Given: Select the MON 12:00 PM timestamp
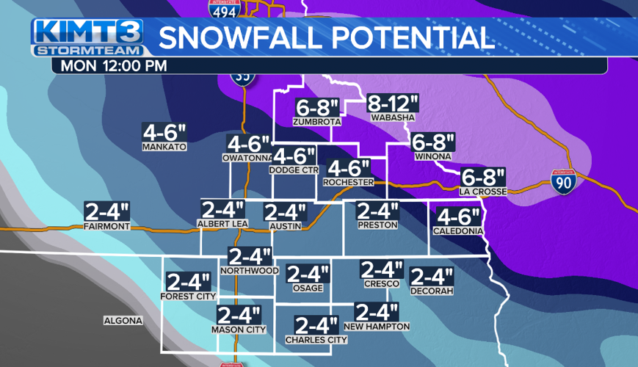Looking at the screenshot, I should tap(115, 65).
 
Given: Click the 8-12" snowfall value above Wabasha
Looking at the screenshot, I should tap(393, 103).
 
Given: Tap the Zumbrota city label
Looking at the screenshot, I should tap(316, 121).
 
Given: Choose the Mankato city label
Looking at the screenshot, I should tap(164, 147).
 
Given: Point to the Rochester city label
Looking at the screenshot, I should tap(349, 181).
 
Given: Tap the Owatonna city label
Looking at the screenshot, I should tap(247, 157).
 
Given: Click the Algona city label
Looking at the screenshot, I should tap(123, 321).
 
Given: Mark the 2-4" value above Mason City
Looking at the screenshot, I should tap(239, 316).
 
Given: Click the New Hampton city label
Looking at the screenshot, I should tap(376, 327).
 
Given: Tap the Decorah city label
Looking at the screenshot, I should tap(432, 291).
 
